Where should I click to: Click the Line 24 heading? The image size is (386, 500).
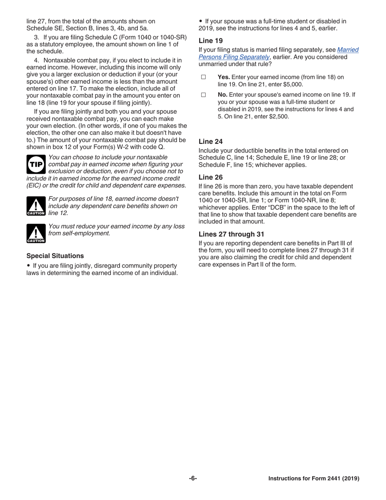pyautogui.click(x=210, y=141)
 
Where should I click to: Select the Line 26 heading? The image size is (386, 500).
pyautogui.click(x=210, y=177)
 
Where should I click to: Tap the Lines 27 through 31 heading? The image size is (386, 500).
pyautogui.click(x=231, y=234)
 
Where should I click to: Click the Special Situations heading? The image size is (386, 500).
pyautogui.click(x=55, y=256)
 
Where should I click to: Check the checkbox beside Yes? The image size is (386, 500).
pyautogui.click(x=203, y=77)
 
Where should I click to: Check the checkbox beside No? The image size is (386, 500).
pyautogui.click(x=203, y=95)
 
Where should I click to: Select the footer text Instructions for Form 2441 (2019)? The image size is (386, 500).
pyautogui.click(x=314, y=478)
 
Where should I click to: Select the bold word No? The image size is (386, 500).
pyautogui.click(x=222, y=95)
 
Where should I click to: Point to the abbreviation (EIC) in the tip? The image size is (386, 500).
pyautogui.click(x=34, y=185)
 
